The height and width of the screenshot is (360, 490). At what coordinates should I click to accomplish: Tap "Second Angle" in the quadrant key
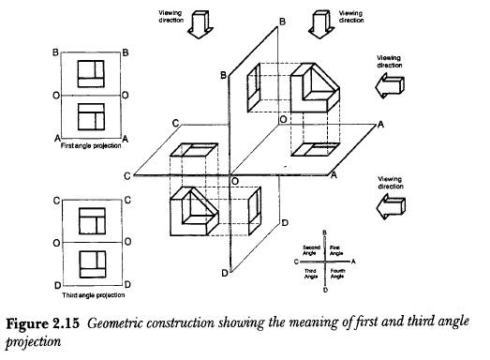click(x=311, y=249)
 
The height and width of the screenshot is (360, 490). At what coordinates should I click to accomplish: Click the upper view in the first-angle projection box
click(x=90, y=73)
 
